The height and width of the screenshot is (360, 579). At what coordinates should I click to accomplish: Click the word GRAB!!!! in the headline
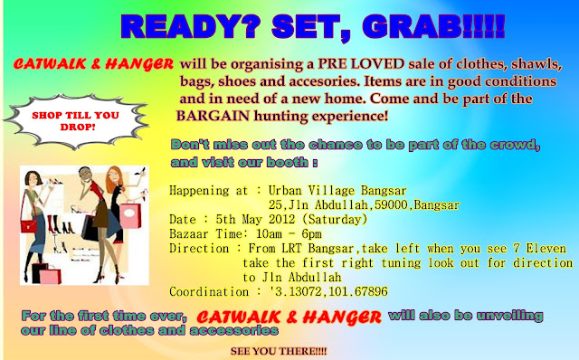click(x=433, y=26)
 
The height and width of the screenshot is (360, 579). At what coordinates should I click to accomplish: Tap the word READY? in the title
click(x=191, y=26)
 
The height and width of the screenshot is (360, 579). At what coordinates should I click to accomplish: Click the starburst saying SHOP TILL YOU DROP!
click(x=76, y=121)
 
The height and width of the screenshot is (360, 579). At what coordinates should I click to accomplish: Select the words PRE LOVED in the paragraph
click(x=361, y=64)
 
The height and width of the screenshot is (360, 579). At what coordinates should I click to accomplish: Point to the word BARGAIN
click(x=213, y=116)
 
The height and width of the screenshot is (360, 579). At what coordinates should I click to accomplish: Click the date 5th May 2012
click(x=255, y=219)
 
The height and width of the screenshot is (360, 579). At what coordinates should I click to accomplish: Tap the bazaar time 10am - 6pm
click(x=289, y=233)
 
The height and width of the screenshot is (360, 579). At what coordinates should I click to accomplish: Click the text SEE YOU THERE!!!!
click(x=279, y=351)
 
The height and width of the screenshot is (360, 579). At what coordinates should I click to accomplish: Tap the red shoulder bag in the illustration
click(x=29, y=225)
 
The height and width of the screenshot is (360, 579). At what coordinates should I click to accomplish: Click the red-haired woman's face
click(x=113, y=177)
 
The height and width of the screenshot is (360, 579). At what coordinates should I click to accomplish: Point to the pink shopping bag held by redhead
click(x=130, y=216)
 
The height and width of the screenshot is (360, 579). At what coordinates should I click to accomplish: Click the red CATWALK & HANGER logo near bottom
click(x=289, y=317)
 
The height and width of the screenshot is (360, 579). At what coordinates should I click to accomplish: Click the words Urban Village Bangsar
click(x=337, y=191)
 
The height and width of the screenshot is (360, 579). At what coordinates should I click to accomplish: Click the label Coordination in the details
click(x=209, y=291)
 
